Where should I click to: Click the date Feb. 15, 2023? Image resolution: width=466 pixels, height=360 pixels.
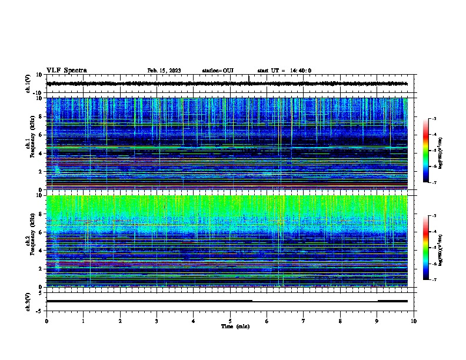[164, 71]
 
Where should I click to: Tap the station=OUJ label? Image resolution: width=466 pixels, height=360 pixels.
[218, 71]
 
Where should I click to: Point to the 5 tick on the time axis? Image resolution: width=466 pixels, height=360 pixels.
[230, 320]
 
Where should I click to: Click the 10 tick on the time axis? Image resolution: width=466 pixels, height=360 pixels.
[414, 320]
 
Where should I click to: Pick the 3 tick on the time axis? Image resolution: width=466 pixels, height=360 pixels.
[157, 320]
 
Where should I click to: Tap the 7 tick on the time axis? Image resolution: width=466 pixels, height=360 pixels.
[304, 320]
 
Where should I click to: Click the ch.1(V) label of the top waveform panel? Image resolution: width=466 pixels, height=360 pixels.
[29, 84]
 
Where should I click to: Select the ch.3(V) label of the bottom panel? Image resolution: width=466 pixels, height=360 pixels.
[29, 301]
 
